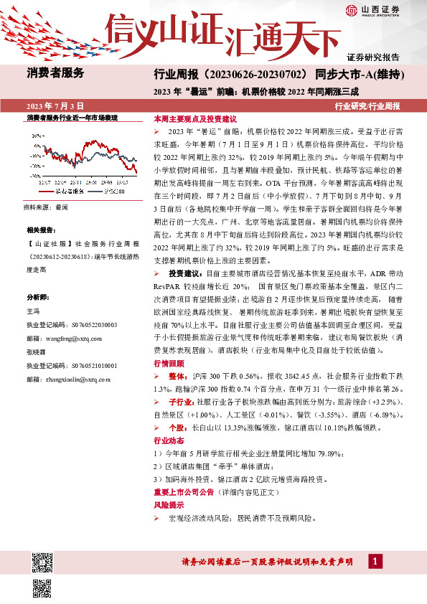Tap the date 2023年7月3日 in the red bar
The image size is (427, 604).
55,105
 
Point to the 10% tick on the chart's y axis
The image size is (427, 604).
34,143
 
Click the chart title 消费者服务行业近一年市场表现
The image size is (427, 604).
72,117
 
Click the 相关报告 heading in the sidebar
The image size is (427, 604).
39,230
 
